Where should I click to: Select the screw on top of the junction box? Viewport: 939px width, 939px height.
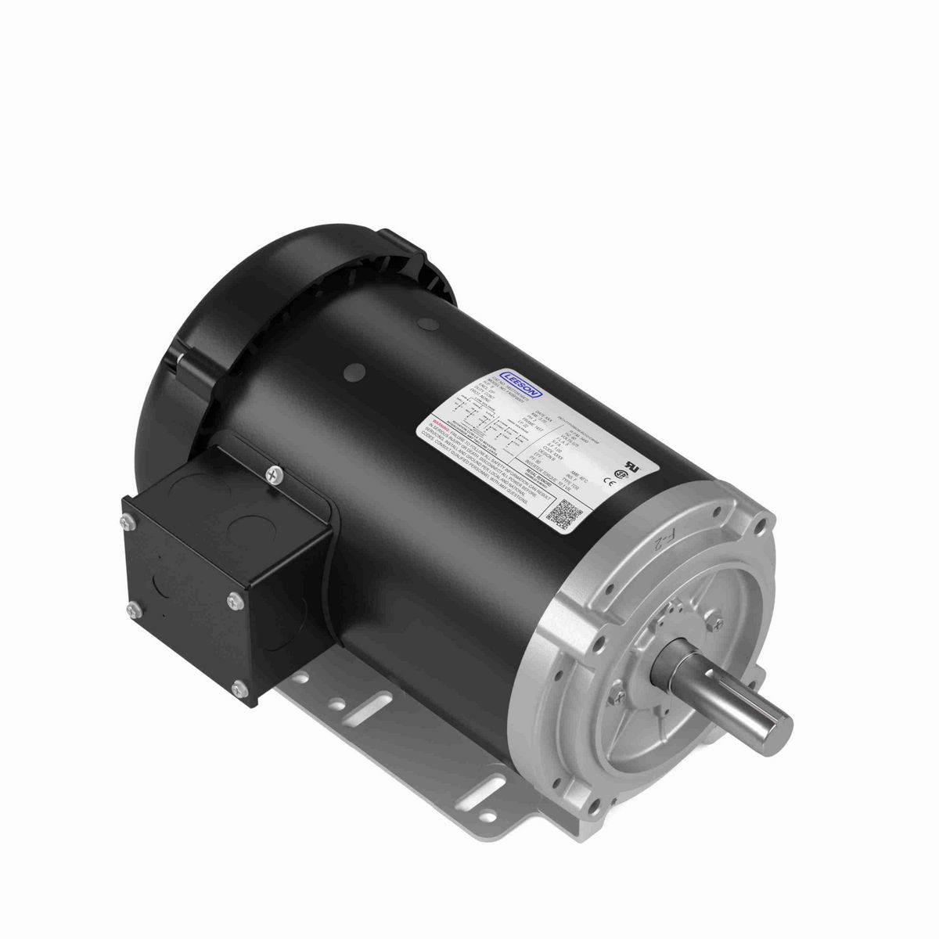(x=273, y=473)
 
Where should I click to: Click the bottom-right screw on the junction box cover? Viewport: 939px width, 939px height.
(x=240, y=688)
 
